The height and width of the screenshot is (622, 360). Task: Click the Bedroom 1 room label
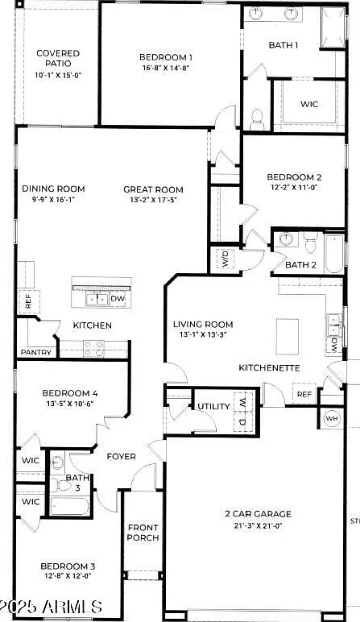166,57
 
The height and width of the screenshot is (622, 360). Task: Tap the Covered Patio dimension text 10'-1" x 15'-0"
58,75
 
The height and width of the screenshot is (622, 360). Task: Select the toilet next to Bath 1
257,119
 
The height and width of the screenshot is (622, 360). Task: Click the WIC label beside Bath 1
309,104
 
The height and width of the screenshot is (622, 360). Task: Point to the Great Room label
153,189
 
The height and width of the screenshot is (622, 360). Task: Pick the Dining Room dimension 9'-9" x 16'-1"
53,200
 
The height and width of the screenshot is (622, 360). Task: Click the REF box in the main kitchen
27,301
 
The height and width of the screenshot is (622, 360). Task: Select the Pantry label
36,352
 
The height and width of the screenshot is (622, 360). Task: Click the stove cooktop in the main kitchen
93,348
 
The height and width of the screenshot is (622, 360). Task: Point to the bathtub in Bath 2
334,254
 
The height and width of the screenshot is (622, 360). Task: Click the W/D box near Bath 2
225,259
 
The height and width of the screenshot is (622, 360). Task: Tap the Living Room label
203,325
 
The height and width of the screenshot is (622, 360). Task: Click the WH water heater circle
331,417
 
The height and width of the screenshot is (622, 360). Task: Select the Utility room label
213,406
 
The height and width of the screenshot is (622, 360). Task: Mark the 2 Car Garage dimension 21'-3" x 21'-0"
258,526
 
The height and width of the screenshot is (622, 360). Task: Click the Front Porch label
143,533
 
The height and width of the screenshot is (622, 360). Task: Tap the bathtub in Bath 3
70,507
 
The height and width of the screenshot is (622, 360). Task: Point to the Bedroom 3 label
68,566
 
